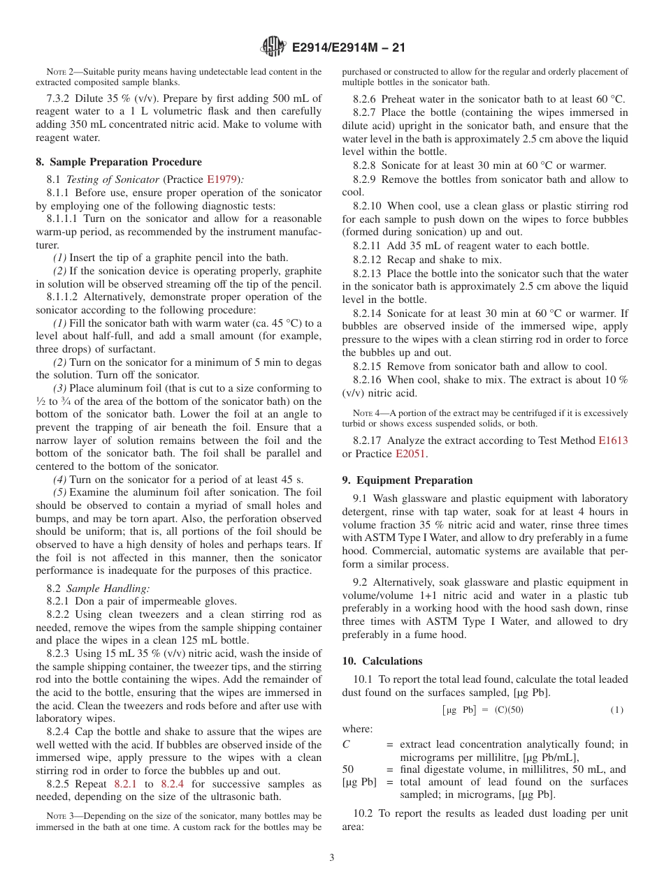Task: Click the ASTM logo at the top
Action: coord(273,47)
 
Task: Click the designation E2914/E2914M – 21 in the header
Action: coord(348,47)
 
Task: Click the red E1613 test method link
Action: coord(612,441)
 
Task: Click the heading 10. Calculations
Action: coord(382,661)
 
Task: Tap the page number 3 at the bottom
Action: coord(332,857)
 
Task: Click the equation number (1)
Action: coord(616,710)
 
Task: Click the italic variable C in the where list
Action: coord(346,745)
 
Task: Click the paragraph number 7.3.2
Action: coord(59,98)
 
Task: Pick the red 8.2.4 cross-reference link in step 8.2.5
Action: coord(172,784)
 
